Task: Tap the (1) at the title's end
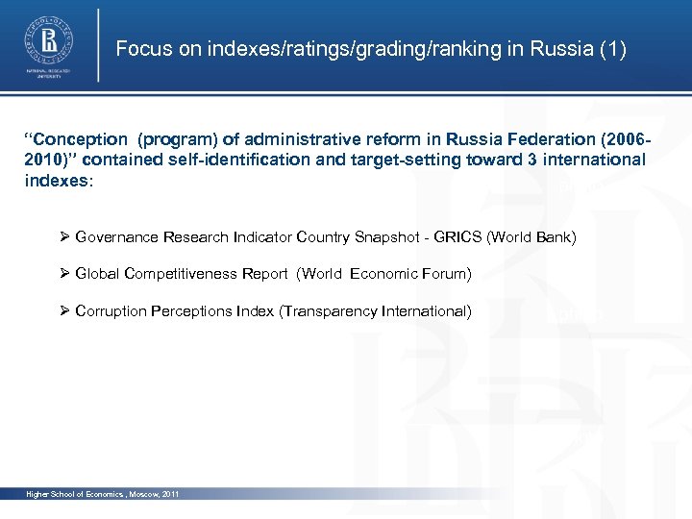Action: click(x=612, y=49)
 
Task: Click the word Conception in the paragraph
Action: click(x=82, y=140)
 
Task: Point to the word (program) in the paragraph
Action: click(x=177, y=140)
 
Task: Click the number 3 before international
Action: click(x=531, y=160)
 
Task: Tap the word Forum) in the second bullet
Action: click(x=446, y=274)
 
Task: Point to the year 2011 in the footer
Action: click(x=170, y=494)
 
